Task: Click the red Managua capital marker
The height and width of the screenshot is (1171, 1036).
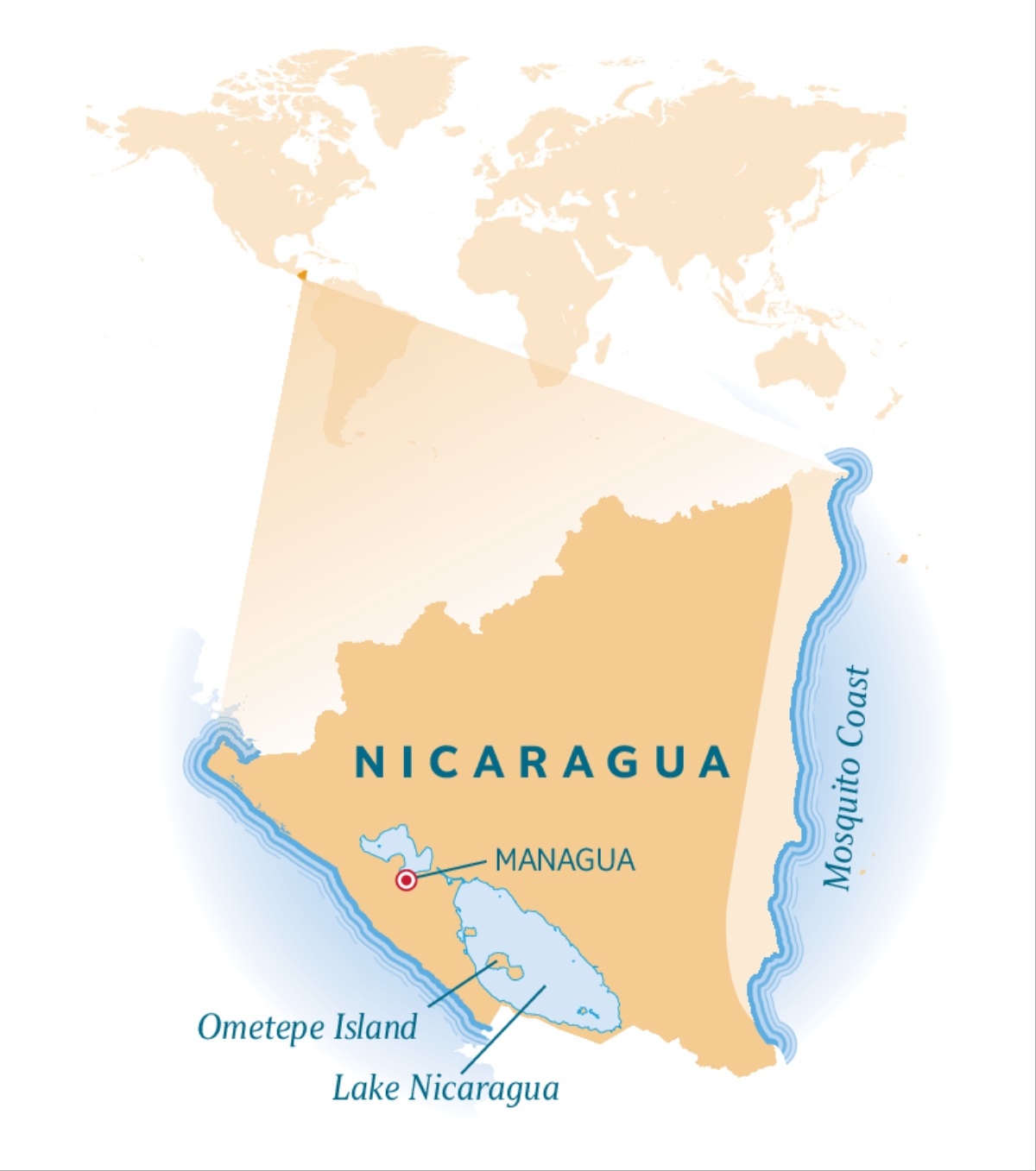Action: tap(406, 880)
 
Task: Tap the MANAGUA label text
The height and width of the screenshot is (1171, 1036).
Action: tap(565, 860)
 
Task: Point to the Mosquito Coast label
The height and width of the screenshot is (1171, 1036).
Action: tap(848, 778)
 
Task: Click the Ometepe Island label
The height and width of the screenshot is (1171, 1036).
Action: tap(307, 1028)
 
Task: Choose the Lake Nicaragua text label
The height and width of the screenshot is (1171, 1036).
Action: tap(445, 1088)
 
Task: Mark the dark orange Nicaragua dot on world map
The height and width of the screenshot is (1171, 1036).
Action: tap(301, 275)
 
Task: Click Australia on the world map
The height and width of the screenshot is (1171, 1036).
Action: tap(799, 362)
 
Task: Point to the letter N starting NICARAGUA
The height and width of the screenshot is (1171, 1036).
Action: tap(370, 763)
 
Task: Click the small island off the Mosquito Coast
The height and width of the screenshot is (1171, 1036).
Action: tap(902, 559)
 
